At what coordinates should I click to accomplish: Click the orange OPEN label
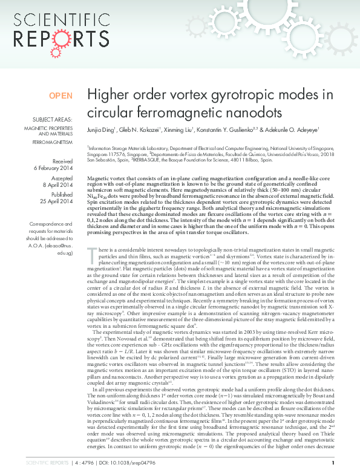click(61, 96)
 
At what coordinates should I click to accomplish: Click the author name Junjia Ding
click(100, 129)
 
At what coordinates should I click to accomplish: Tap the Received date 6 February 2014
click(56, 168)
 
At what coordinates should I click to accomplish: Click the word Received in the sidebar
click(62, 161)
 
